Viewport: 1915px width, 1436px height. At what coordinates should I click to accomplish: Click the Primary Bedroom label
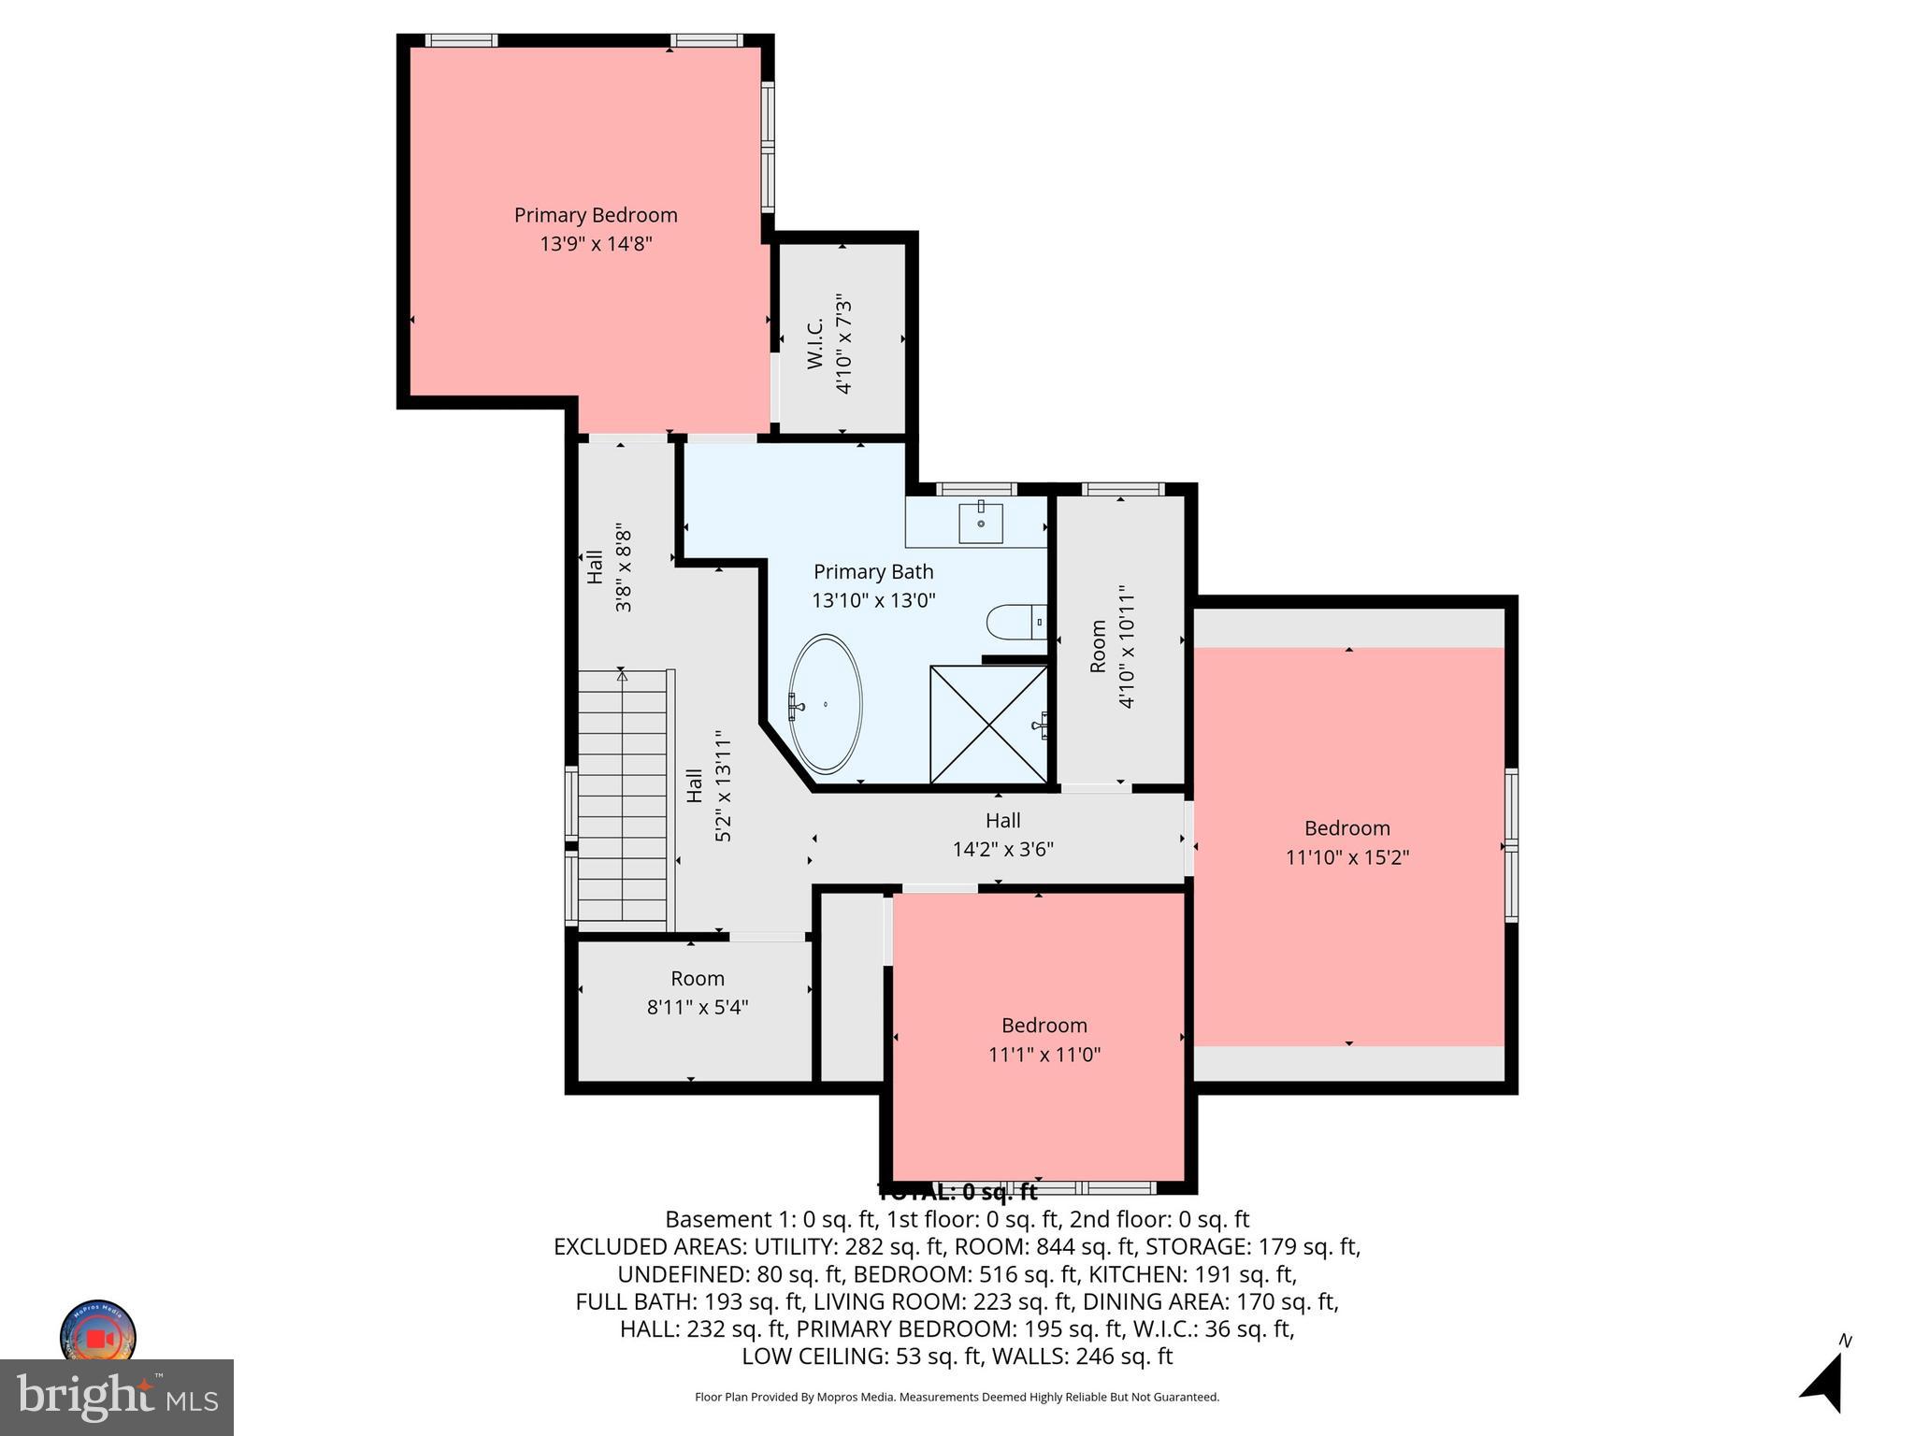coord(596,215)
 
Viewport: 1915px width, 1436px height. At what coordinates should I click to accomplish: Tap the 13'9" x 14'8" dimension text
coord(596,244)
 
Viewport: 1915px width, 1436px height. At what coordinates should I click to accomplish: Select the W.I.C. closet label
coord(815,343)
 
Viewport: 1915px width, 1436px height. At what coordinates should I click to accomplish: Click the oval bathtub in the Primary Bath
coord(826,704)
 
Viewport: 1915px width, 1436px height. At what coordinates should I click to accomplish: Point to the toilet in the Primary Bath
coord(1011,622)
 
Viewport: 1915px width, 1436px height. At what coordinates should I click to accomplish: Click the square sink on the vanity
coord(981,524)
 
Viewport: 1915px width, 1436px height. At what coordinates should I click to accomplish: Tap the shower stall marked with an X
coord(988,725)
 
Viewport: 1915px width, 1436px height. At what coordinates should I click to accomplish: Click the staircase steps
coord(622,804)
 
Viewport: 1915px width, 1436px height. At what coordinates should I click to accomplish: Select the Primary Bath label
coord(873,571)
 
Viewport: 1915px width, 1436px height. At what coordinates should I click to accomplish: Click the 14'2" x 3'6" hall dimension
coord(1003,849)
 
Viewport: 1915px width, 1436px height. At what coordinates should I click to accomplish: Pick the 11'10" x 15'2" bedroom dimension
coord(1347,857)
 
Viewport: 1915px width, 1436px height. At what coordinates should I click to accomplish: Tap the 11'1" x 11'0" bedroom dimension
coord(1044,1055)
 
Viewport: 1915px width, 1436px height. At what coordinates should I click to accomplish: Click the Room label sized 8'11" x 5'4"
coord(698,979)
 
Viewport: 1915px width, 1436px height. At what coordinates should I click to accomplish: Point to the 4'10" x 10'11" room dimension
coord(1127,647)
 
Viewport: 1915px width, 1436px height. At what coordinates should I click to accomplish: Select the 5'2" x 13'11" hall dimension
coord(723,785)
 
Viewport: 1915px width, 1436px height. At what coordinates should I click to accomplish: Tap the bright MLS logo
coord(117,1398)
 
